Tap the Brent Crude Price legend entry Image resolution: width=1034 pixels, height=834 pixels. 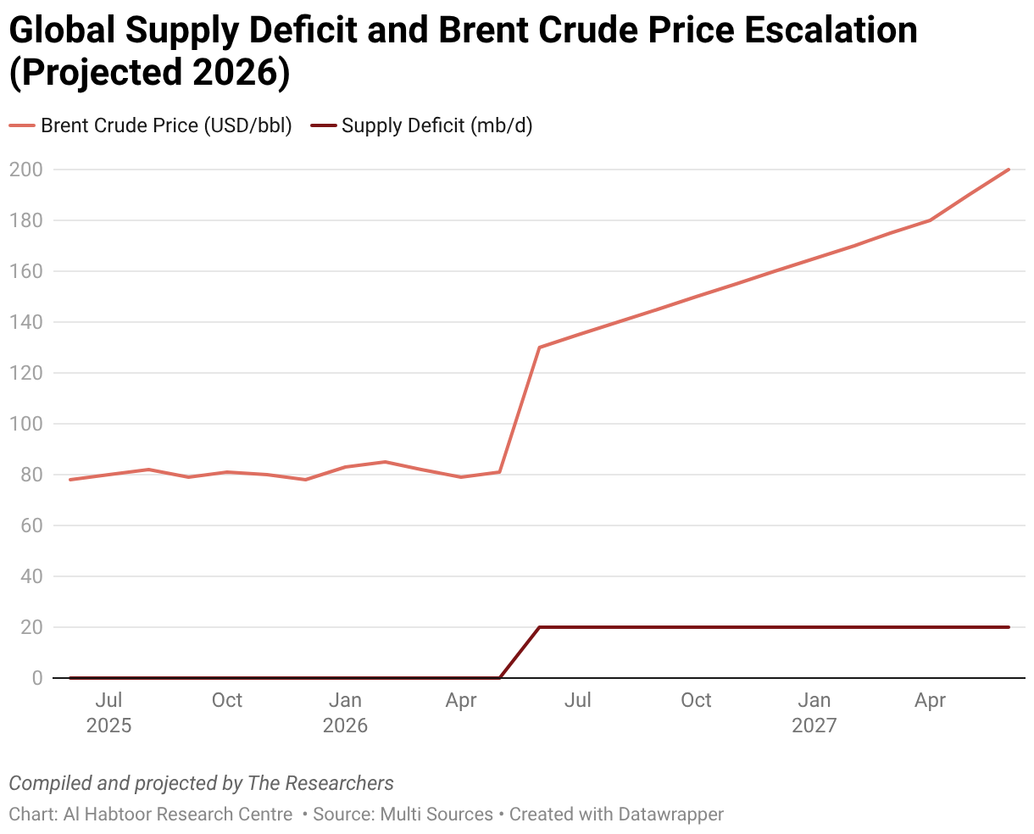coord(150,125)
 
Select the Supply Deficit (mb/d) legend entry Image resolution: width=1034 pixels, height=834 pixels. coord(421,125)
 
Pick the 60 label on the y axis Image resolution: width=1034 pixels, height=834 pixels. coord(31,525)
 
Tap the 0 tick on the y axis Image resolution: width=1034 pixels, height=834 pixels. coord(37,678)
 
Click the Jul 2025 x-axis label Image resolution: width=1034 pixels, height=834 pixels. coord(108,713)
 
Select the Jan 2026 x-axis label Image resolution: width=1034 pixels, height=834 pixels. coord(345,713)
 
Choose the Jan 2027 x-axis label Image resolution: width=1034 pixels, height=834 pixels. coord(814,713)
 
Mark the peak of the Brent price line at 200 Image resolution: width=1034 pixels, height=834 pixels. coord(1009,170)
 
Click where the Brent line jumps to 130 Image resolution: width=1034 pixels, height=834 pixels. coord(540,347)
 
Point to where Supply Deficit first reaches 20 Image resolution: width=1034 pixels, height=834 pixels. coord(540,627)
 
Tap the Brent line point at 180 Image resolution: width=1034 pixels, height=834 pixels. coord(931,220)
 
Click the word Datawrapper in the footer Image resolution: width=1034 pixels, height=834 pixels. coord(670,815)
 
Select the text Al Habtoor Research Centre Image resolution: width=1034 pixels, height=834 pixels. coord(178,815)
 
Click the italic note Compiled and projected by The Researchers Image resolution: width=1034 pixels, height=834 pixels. coord(202,783)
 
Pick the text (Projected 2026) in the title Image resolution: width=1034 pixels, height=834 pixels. coord(150,73)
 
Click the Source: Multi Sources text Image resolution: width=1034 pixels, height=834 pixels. coord(403,815)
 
